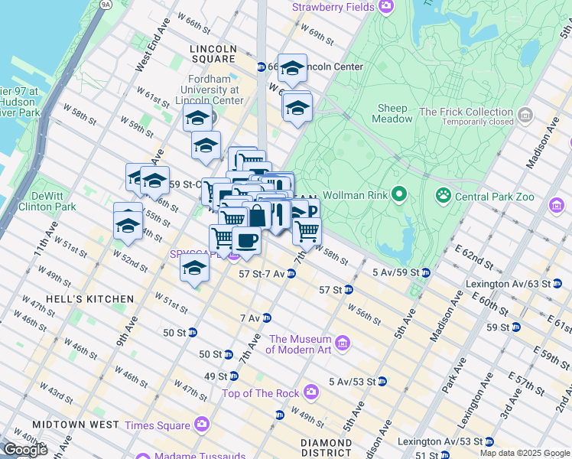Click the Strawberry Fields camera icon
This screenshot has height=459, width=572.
(386, 7)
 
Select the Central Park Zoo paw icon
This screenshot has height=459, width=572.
(442, 195)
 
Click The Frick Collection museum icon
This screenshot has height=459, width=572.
(525, 116)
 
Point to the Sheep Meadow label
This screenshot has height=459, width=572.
(391, 113)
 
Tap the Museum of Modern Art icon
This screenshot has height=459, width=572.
(343, 343)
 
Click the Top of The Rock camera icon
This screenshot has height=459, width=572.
(310, 392)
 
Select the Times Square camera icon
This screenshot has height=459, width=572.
(202, 423)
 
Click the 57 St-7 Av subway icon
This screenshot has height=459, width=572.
(291, 273)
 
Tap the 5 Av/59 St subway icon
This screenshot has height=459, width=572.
(425, 272)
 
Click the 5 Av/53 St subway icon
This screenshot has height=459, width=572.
(382, 381)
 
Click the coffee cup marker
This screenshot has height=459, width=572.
(246, 241)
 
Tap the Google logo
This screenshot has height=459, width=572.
(25, 450)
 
